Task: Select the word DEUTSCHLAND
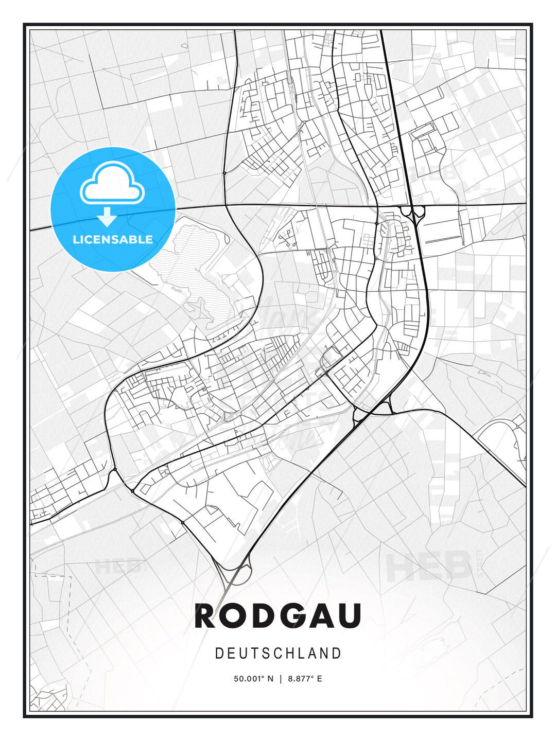[x=278, y=653]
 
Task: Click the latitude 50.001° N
[x=254, y=679]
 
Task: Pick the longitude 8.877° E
[x=305, y=679]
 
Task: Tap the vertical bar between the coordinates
[x=281, y=679]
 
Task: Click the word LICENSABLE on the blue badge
[x=113, y=239]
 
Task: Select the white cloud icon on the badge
[x=112, y=184]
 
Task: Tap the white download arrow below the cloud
[x=107, y=217]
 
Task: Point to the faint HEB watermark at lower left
[x=117, y=567]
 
